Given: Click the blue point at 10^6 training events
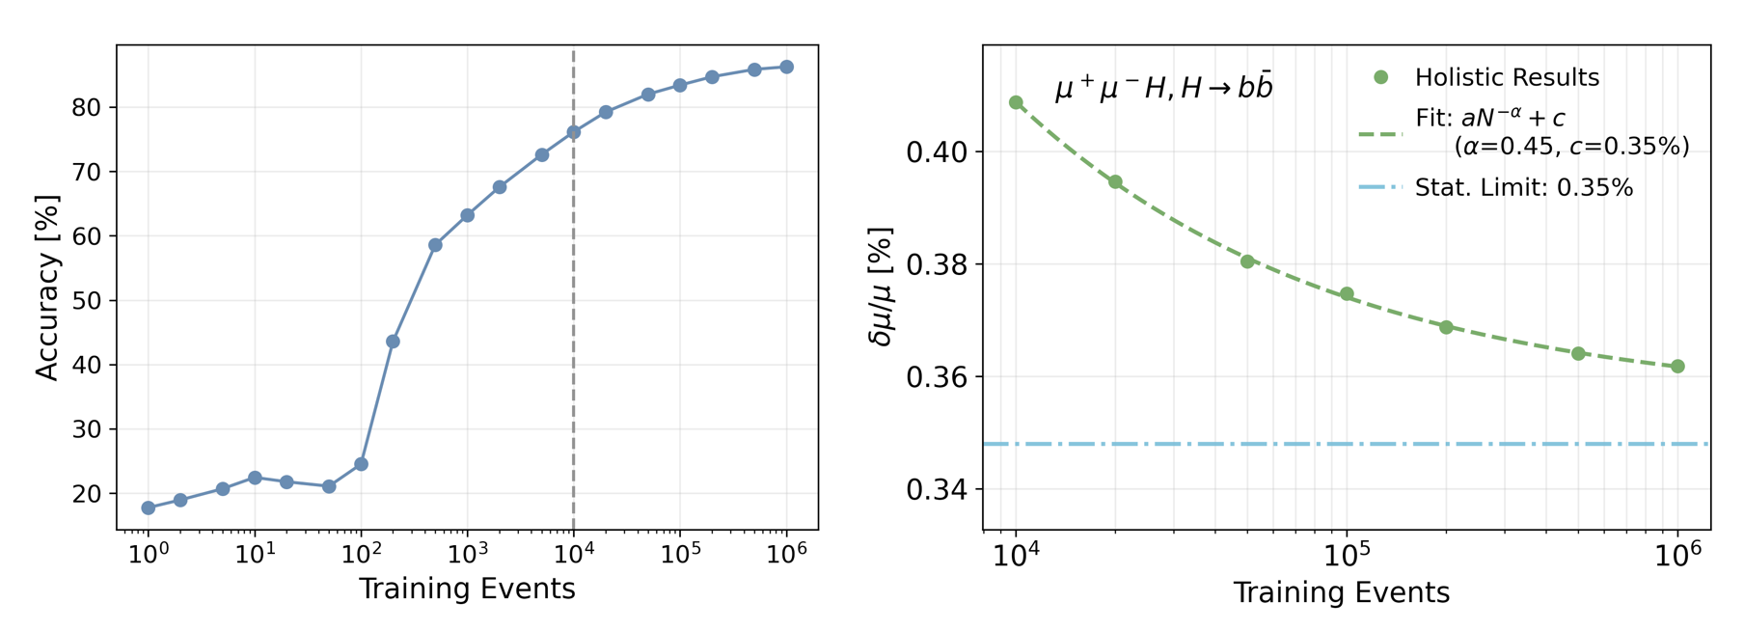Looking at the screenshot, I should click(786, 68).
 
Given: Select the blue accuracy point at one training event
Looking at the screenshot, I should click(149, 508).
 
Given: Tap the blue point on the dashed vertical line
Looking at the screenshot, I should click(574, 132).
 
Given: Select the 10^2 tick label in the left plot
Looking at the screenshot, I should click(361, 555).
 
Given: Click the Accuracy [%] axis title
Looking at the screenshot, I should click(46, 288).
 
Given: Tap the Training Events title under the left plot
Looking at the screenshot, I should click(467, 590).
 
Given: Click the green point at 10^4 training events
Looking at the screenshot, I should click(1016, 102).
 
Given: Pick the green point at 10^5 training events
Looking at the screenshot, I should click(1347, 294).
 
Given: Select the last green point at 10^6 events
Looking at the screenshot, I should click(1678, 367).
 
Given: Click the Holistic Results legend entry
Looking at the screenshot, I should click(1507, 78).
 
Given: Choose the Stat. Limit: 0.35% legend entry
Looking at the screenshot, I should click(1523, 188).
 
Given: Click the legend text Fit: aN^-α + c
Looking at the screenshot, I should click(1489, 119).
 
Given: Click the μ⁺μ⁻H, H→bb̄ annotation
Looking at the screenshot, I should click(1164, 89).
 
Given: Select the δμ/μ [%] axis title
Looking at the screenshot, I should click(882, 288).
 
